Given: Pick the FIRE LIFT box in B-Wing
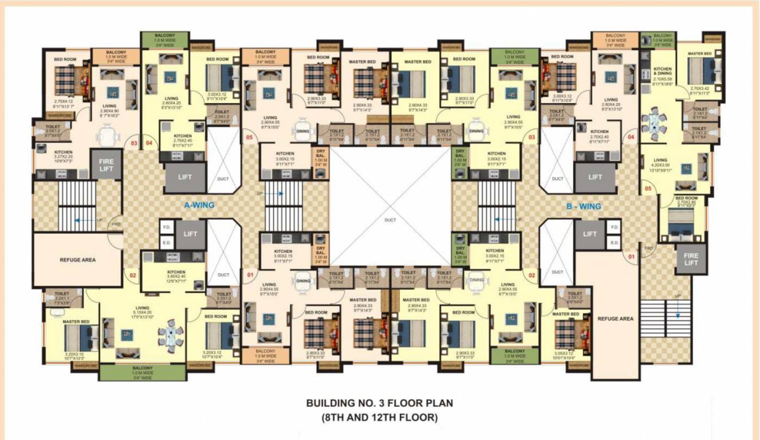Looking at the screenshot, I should point(691,258).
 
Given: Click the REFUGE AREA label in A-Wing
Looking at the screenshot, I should point(77,260).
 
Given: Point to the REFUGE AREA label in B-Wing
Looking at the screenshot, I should point(615,319).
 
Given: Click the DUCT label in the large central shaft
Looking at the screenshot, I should point(390,219).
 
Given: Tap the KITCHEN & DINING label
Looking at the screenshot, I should point(663,72).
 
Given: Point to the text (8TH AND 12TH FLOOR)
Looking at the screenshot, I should point(380,418).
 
